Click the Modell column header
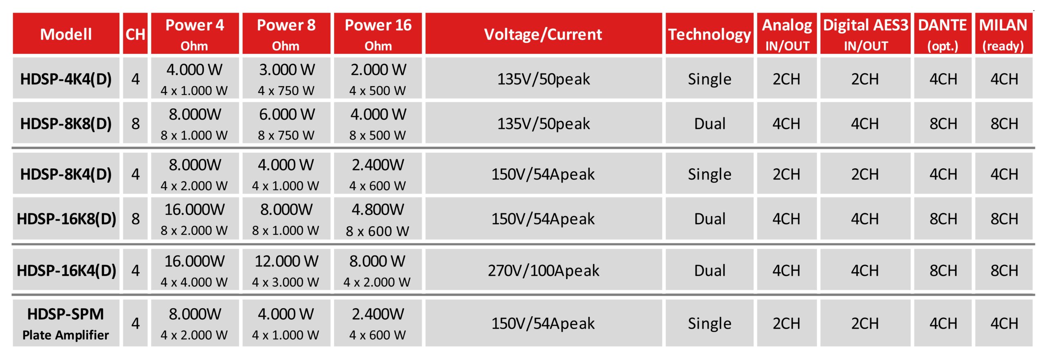[x=66, y=34]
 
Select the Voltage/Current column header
[x=543, y=34]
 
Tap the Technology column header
[x=709, y=34]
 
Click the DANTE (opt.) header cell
[x=943, y=34]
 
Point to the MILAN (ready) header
[x=1004, y=34]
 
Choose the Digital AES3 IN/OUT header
[x=865, y=34]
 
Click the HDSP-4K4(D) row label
[x=66, y=78]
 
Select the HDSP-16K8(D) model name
[x=66, y=219]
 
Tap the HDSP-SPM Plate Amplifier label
[x=66, y=323]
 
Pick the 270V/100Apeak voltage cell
[x=543, y=270]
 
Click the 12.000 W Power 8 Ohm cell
[x=286, y=270]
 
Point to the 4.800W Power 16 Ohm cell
[x=378, y=219]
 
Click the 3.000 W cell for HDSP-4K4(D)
[x=286, y=78]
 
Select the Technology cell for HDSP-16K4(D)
[x=709, y=270]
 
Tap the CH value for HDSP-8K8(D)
[x=135, y=123]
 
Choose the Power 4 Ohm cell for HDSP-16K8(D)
[x=194, y=219]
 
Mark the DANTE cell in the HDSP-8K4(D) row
[x=943, y=174]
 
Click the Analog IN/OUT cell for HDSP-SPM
[x=787, y=323]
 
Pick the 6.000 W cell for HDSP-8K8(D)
[x=286, y=123]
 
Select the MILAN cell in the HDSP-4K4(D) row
[x=1004, y=78]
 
